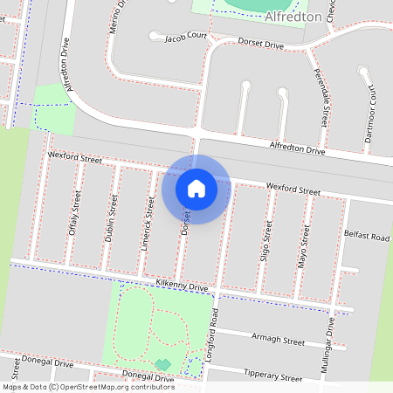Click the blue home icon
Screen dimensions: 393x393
click(196, 188)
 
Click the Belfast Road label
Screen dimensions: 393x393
click(366, 237)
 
